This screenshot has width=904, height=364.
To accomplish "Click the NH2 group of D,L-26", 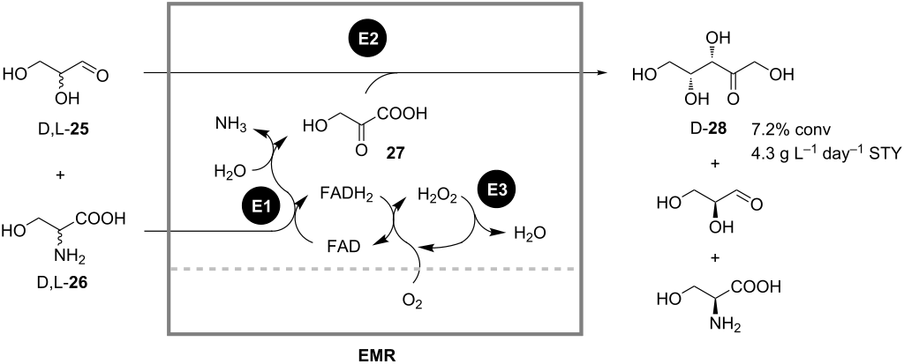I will point(55,256).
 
